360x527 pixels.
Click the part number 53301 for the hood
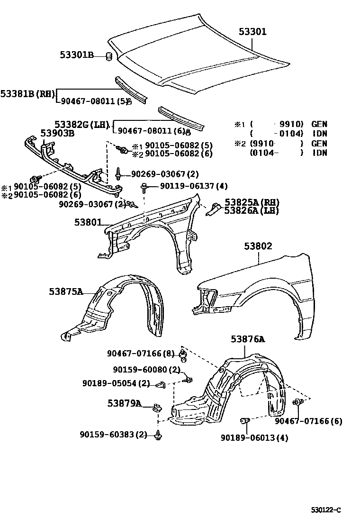(x=252, y=32)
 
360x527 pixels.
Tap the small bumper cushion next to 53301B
(x=108, y=57)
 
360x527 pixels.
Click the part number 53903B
(x=57, y=133)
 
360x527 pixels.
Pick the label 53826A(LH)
(x=251, y=210)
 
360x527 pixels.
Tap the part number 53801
(x=88, y=221)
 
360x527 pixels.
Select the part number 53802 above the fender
(x=258, y=246)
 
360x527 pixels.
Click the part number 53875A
(x=66, y=291)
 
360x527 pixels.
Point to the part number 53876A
(x=248, y=339)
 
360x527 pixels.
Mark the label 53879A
(x=124, y=403)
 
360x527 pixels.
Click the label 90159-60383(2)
(x=114, y=435)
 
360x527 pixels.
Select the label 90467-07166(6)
(x=308, y=421)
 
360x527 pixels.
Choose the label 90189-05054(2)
(x=117, y=383)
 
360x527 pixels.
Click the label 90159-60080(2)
(x=147, y=370)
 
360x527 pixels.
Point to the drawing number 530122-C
(x=326, y=510)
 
